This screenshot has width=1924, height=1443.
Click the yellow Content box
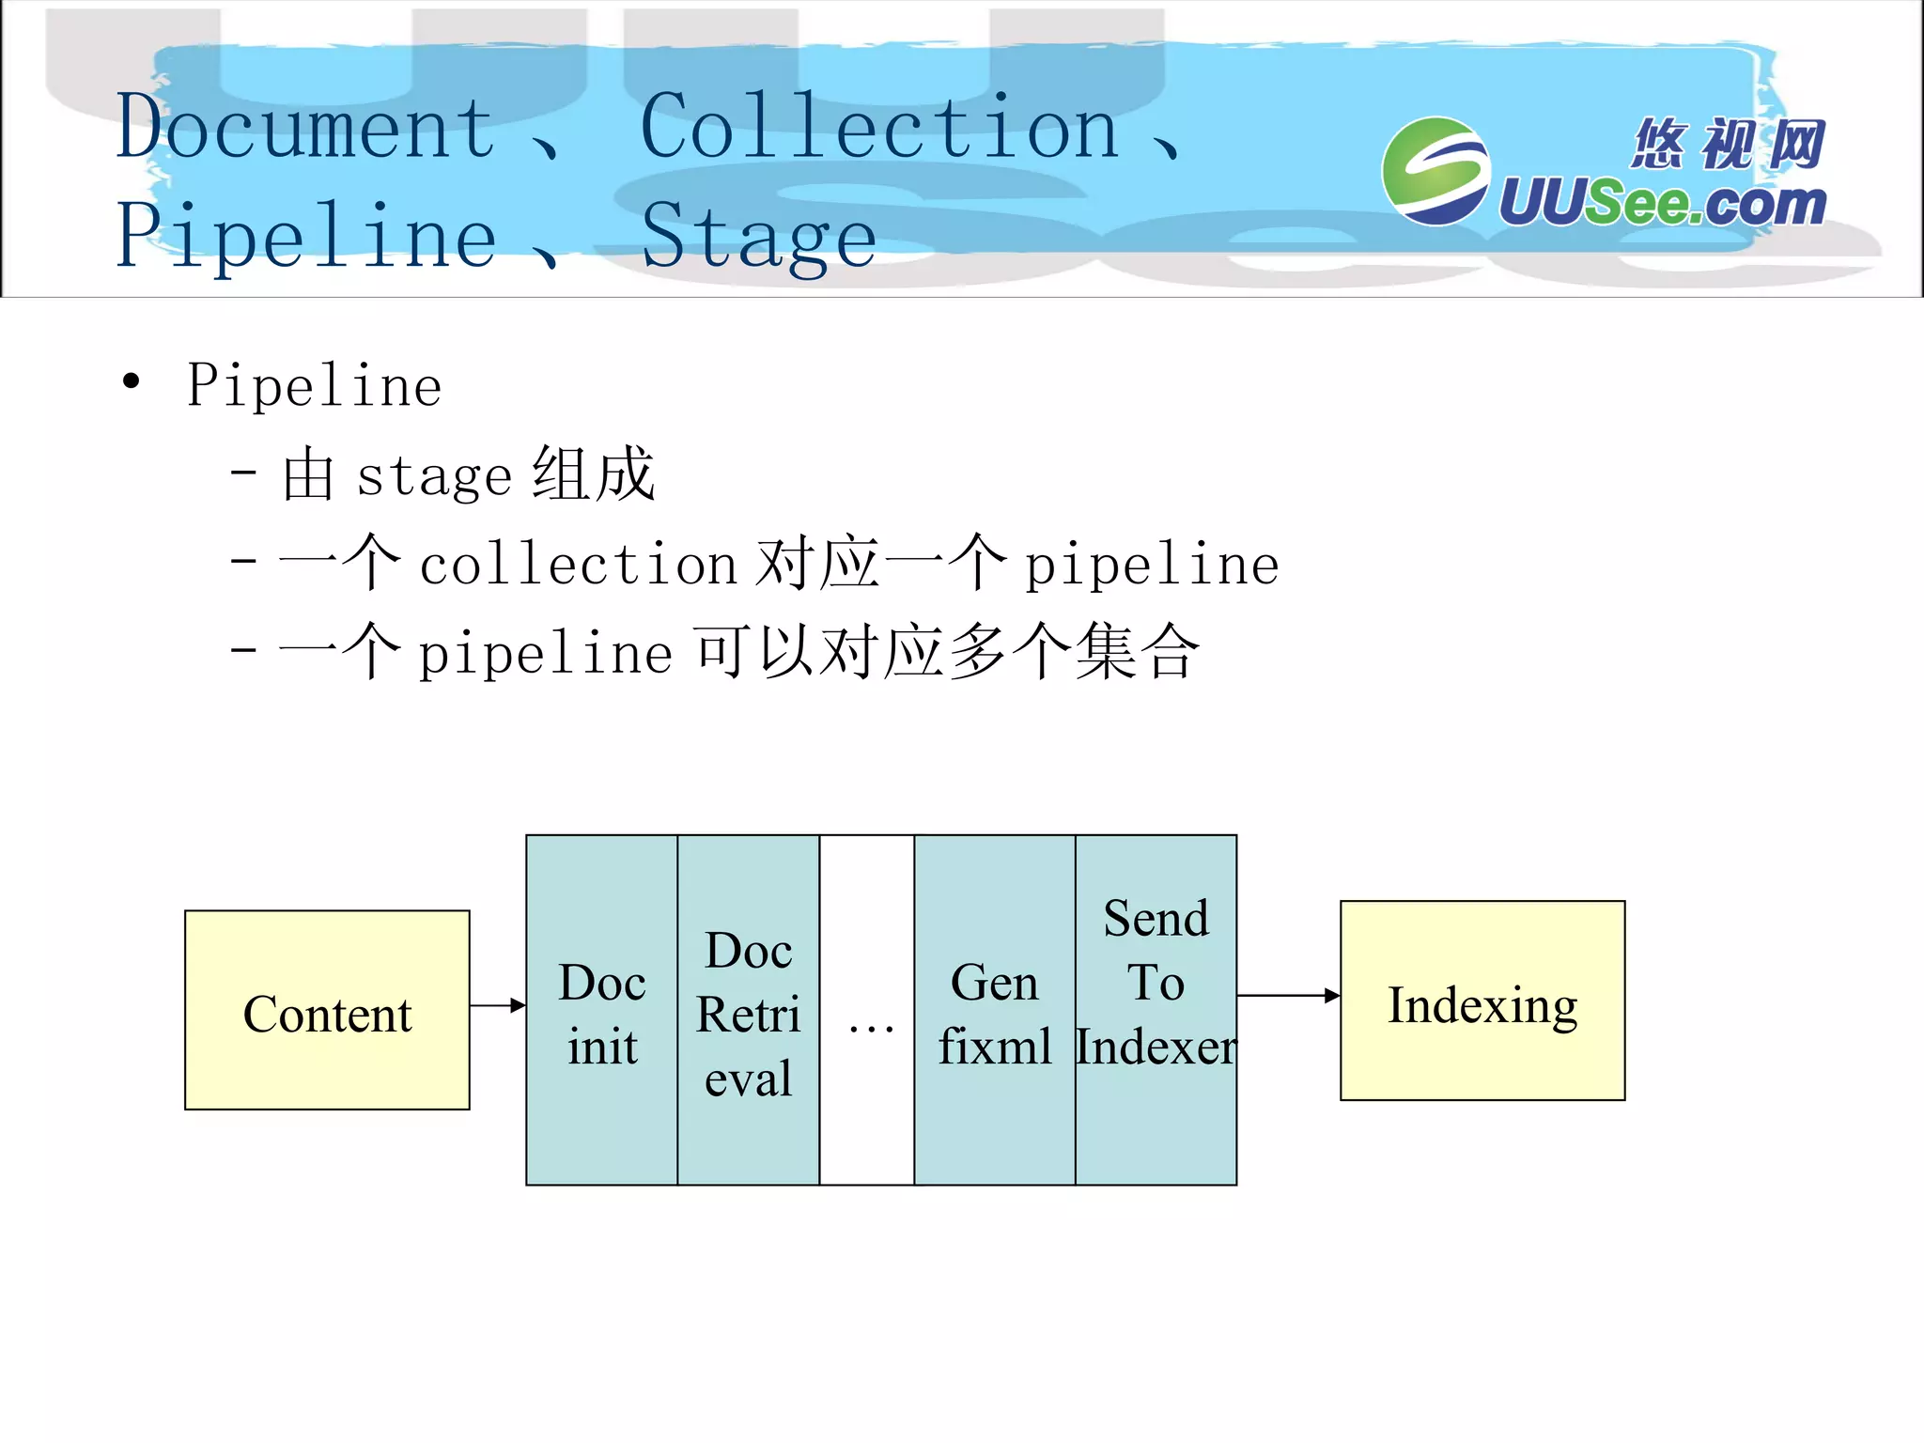327,1011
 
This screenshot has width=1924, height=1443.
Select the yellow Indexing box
1482,1001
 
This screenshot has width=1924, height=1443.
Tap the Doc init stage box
601,1011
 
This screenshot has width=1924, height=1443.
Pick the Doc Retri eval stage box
748,1011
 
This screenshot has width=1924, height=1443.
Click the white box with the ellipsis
867,1011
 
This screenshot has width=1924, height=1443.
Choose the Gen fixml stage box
994,1011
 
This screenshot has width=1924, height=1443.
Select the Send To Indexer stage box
1156,1011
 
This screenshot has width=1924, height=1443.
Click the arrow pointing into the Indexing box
1288,996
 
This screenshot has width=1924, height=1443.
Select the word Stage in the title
758,237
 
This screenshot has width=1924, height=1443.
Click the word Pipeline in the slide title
305,237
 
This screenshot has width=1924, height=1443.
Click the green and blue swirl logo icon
1435,171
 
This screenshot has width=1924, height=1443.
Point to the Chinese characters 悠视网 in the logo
1727,144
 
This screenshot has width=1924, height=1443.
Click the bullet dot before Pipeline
131,381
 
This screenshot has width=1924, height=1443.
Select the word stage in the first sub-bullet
433,475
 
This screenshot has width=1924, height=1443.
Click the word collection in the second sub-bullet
577,566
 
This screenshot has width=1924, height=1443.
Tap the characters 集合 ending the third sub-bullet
1137,652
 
